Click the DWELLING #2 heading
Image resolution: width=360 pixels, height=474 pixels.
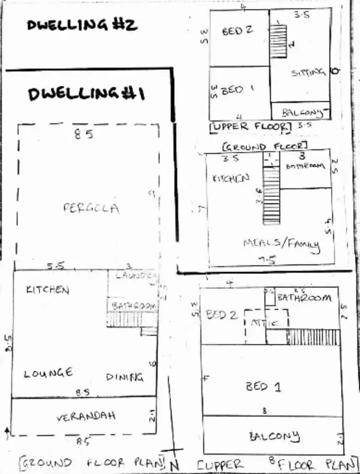tap(82, 25)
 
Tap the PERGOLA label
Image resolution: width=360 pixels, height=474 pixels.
tap(91, 208)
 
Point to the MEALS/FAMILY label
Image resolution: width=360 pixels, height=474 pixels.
tap(281, 244)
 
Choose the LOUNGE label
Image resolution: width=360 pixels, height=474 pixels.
tap(48, 373)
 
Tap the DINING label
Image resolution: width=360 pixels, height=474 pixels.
tap(124, 377)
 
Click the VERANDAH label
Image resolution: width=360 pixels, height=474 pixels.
tap(86, 416)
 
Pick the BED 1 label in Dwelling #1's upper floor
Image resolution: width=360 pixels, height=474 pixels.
tap(263, 387)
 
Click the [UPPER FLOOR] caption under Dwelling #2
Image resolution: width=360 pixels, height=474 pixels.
tap(251, 126)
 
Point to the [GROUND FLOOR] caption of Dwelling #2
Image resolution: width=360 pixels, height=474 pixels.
tap(264, 146)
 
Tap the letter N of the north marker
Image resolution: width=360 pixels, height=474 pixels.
tap(176, 465)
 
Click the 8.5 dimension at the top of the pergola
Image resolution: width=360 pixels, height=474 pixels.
tap(84, 135)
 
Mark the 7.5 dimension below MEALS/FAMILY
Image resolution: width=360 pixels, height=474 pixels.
tap(267, 260)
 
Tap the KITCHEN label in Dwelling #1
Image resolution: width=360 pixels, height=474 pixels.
tap(48, 290)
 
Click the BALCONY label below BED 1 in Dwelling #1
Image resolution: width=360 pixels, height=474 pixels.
tap(274, 437)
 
